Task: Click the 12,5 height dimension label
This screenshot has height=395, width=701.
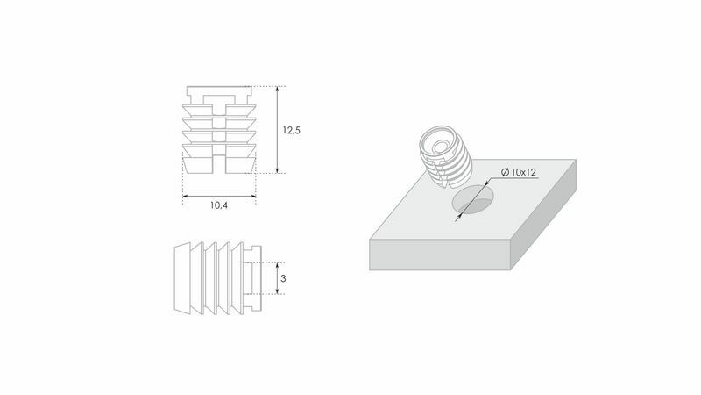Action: (291, 130)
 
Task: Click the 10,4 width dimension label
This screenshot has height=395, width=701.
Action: (219, 205)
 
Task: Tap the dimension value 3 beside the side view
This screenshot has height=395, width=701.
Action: (283, 278)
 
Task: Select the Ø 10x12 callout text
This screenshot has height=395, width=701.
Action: (519, 172)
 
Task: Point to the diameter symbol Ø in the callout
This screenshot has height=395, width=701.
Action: (506, 172)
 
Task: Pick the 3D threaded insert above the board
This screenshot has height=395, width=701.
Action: (446, 156)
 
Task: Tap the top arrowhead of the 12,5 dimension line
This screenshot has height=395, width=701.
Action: (278, 90)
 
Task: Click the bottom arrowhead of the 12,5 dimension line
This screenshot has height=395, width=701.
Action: (278, 169)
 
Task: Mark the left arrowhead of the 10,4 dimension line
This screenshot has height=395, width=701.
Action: (186, 196)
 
